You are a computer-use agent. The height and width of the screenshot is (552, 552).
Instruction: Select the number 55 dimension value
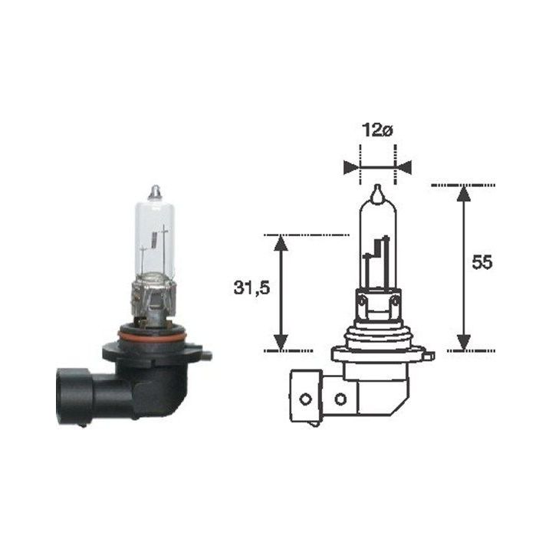click(x=481, y=262)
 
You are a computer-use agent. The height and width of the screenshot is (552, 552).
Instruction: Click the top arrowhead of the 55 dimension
click(x=463, y=193)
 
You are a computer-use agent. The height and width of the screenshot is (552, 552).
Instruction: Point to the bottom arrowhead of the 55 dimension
click(x=463, y=342)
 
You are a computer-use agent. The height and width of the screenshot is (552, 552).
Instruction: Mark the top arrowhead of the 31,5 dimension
click(x=281, y=243)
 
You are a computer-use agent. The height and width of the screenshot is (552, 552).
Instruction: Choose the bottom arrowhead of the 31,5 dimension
click(x=281, y=342)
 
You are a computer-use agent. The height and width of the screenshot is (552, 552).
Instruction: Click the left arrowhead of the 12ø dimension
click(x=351, y=167)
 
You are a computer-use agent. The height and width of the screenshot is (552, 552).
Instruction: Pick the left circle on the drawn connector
click(x=305, y=399)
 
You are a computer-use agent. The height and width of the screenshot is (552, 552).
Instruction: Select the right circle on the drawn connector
click(x=340, y=399)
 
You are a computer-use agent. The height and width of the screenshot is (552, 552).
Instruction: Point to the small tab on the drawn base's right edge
click(x=429, y=356)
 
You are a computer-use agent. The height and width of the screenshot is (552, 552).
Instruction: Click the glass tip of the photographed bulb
click(x=155, y=189)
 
